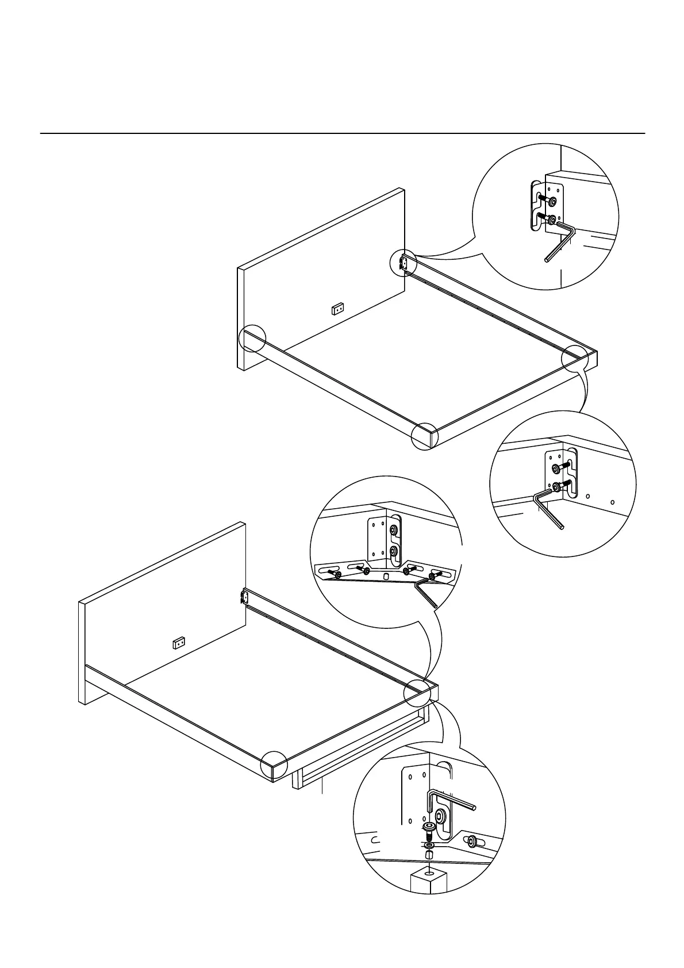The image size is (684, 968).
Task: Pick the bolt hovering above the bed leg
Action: [429, 828]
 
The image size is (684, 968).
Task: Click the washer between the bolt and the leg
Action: [429, 846]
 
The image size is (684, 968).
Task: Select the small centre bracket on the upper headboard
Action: [338, 310]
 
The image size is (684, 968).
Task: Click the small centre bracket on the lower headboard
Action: [179, 643]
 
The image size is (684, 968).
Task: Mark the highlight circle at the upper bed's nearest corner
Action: [425, 436]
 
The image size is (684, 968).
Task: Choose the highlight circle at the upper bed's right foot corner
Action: [576, 359]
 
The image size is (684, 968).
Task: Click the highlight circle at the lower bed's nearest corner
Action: [274, 766]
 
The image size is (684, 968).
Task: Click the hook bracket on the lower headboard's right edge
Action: [243, 597]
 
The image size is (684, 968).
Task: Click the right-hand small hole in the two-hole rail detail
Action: [612, 502]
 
